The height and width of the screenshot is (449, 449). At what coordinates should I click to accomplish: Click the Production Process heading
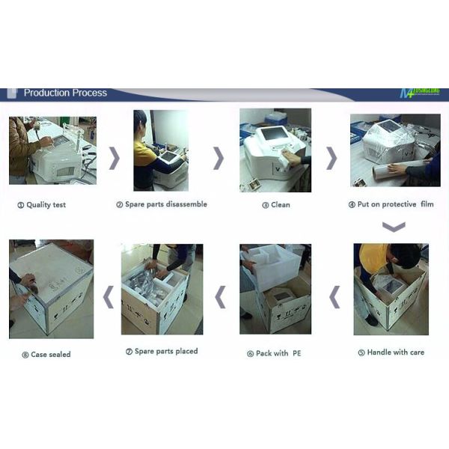coord(65,93)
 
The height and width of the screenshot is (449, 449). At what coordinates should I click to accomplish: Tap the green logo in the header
coord(419,94)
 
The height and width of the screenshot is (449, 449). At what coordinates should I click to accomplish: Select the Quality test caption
coord(42,204)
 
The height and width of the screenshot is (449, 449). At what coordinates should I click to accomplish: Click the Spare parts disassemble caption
coord(162,204)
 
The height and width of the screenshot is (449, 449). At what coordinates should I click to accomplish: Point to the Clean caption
coord(276,204)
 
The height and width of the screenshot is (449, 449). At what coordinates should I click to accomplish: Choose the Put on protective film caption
coord(391,204)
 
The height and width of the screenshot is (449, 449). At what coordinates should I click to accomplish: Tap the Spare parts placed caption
coord(162,352)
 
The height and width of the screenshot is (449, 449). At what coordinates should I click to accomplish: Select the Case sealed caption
coord(46,354)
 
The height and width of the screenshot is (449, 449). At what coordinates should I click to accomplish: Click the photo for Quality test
coord(52,150)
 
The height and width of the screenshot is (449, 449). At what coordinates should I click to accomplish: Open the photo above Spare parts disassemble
coord(160,150)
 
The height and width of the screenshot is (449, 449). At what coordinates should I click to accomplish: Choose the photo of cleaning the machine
coord(275,150)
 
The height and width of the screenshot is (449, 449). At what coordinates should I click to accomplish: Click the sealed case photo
coord(51,289)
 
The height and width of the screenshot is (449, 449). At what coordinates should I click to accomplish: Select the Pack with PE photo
coord(275,289)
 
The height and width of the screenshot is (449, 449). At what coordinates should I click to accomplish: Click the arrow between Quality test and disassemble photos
coord(114,158)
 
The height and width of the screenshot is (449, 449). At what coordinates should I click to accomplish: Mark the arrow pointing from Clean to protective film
coord(332,158)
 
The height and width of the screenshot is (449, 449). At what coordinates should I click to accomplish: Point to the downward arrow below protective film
coord(394,227)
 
